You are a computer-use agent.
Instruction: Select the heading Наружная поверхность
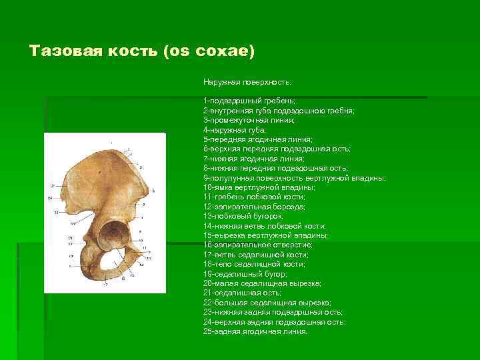[247, 82]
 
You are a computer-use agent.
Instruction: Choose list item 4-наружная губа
[235, 131]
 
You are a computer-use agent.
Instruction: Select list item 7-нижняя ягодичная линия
[254, 159]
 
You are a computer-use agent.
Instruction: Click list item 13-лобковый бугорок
[243, 217]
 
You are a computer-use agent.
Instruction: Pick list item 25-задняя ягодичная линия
[255, 331]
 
